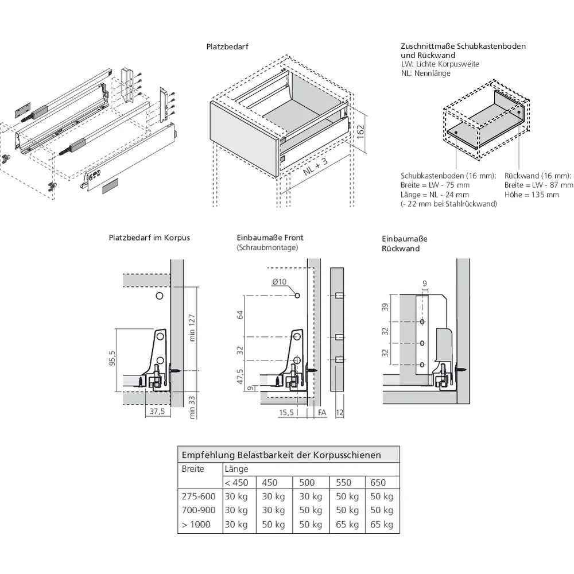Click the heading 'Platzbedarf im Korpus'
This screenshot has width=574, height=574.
(x=149, y=238)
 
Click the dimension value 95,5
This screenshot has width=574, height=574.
(x=113, y=358)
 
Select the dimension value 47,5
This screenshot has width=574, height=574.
(x=241, y=378)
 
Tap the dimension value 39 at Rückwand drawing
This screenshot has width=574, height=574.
(x=386, y=308)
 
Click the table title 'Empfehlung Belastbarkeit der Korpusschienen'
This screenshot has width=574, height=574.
(x=281, y=455)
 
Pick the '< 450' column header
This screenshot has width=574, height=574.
(x=236, y=482)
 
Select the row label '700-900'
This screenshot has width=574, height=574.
(x=199, y=510)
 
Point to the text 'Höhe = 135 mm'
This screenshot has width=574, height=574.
(x=532, y=195)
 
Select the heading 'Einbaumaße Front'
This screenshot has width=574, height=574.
(x=270, y=238)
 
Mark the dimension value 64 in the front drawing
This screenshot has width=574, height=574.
(x=241, y=315)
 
